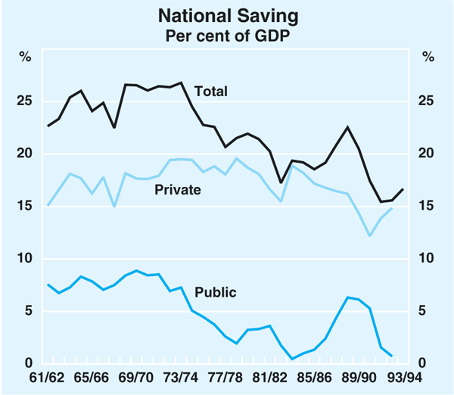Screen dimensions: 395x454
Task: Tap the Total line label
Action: point(211,92)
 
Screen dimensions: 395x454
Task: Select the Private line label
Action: point(178,190)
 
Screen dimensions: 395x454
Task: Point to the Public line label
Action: point(216,292)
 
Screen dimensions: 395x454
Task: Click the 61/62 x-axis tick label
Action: point(47,378)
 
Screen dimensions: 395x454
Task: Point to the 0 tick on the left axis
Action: point(30,364)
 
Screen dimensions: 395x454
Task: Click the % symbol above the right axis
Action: point(428,56)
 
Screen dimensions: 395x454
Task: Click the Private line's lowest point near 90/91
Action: point(370,236)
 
